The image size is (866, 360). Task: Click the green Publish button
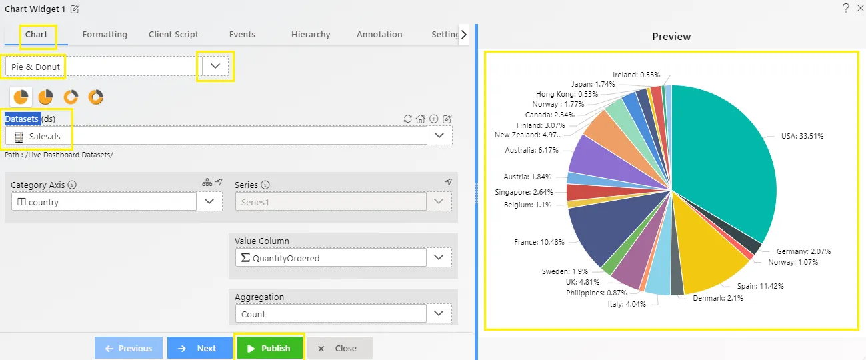click(269, 348)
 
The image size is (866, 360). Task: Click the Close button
click(340, 348)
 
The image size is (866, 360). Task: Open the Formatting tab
click(105, 35)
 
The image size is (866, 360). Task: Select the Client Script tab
click(173, 35)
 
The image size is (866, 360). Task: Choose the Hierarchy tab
click(311, 35)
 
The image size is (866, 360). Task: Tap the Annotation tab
click(379, 35)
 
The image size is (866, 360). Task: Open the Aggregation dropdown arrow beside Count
click(439, 313)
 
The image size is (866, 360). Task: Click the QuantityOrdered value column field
click(331, 258)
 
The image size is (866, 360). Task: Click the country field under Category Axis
click(103, 202)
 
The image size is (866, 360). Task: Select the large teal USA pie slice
click(723, 163)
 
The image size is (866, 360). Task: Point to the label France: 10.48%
click(539, 242)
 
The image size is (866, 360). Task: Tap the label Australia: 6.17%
click(531, 150)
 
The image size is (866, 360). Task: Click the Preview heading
click(671, 37)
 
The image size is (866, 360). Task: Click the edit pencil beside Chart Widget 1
click(75, 9)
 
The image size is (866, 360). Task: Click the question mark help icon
click(845, 8)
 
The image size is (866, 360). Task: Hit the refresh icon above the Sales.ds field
click(407, 119)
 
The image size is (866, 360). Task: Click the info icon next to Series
click(265, 185)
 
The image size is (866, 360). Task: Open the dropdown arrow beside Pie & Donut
click(215, 66)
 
